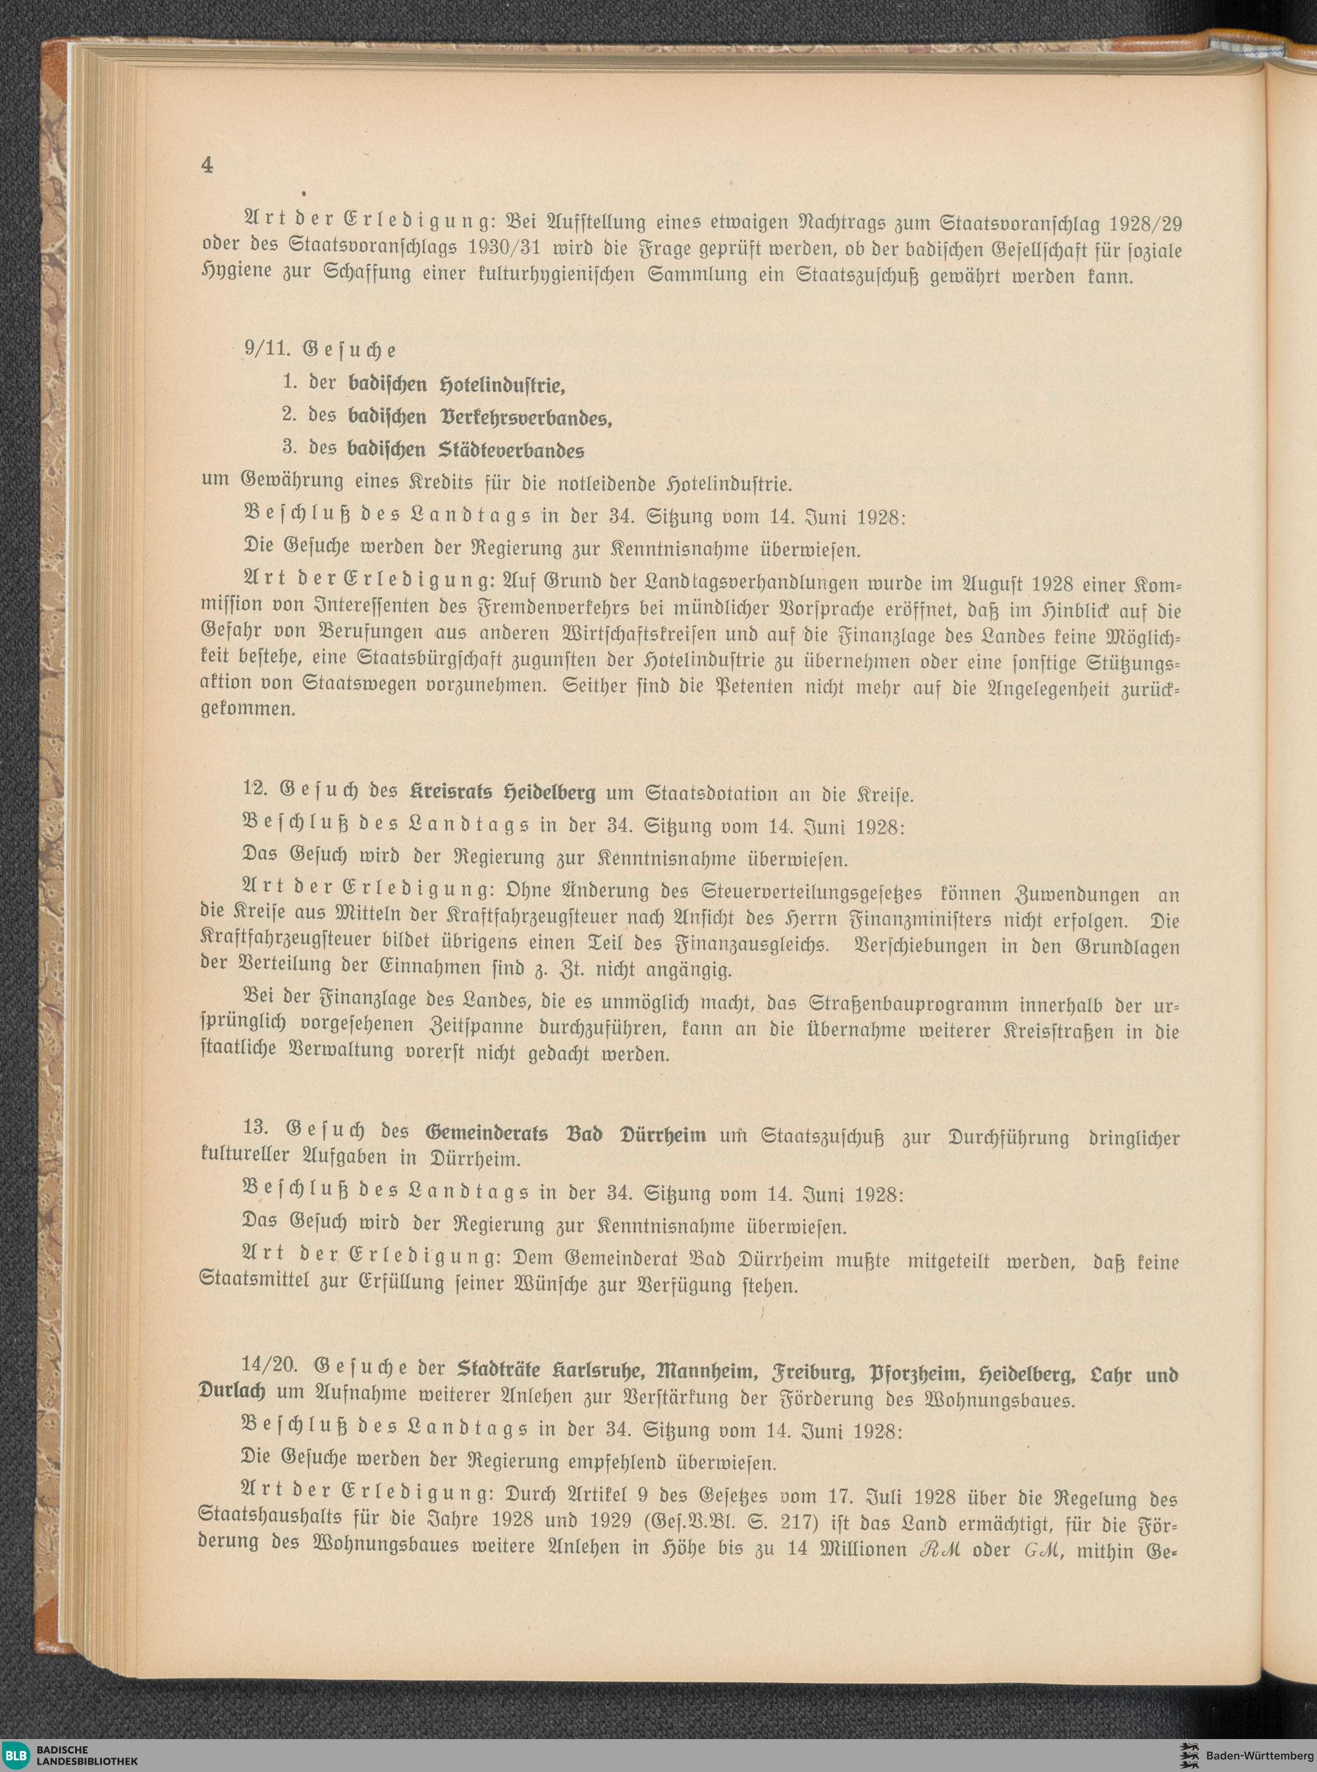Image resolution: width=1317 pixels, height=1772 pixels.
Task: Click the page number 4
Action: coord(207,165)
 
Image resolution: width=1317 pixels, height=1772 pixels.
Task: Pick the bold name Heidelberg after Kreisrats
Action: coord(550,794)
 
